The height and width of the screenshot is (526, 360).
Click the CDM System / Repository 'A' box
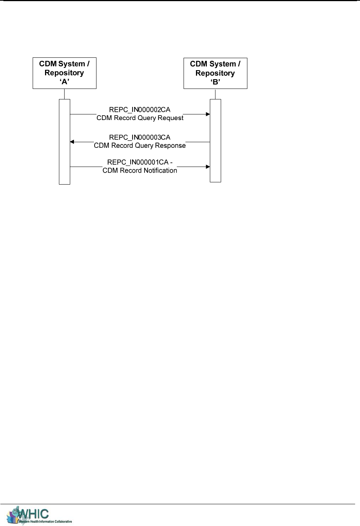(x=64, y=73)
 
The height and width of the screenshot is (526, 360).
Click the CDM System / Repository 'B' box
(x=215, y=73)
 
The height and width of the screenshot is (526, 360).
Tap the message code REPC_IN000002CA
(x=140, y=110)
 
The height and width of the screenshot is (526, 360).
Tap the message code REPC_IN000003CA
(x=140, y=137)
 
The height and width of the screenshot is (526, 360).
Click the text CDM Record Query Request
(x=140, y=118)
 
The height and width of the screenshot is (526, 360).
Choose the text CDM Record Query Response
(x=140, y=146)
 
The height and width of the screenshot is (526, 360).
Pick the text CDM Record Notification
(x=140, y=170)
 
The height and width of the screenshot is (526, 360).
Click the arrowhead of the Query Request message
(x=208, y=114)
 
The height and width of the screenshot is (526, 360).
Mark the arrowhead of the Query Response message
(x=72, y=142)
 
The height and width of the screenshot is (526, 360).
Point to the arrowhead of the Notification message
(x=208, y=167)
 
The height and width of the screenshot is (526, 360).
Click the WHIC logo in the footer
(x=30, y=514)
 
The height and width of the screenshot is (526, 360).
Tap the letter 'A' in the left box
(x=65, y=82)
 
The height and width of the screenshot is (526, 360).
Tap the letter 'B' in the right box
(x=215, y=82)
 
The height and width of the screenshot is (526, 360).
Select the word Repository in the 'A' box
(x=64, y=73)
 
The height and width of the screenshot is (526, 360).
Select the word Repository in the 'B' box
(x=215, y=73)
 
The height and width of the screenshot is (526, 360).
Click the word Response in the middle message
(x=172, y=146)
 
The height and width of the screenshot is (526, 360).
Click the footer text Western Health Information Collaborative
(x=45, y=521)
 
